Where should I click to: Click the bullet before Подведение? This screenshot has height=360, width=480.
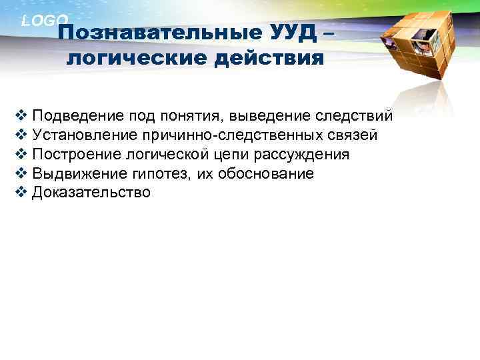19,116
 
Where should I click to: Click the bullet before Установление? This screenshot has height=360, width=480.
19,135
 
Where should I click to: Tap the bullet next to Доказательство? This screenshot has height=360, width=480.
19,193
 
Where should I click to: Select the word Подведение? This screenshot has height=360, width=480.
70,117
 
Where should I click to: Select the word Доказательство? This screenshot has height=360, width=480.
91,193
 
